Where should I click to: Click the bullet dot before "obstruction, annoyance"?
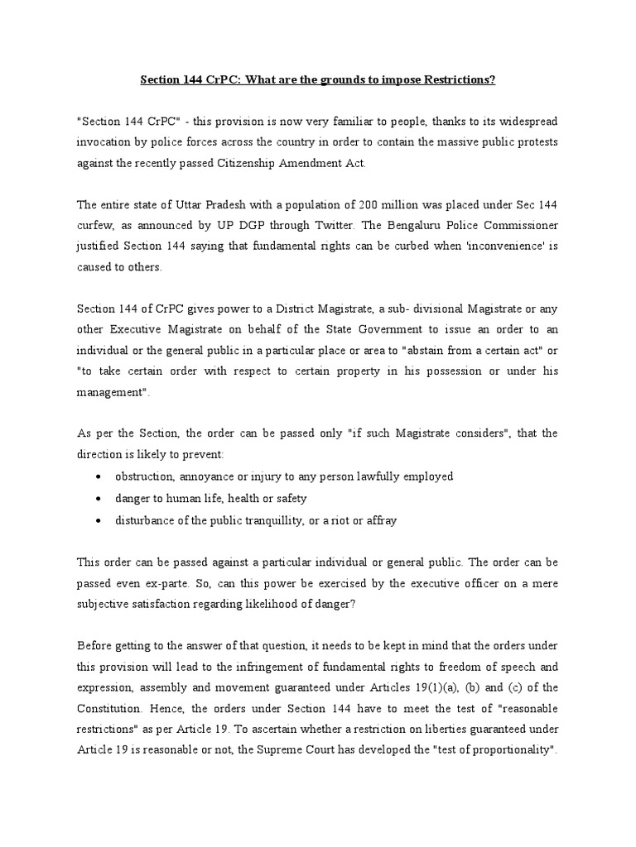tap(99, 477)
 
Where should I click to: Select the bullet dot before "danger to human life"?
tap(99, 499)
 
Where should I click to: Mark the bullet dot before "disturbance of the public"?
tap(99, 520)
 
